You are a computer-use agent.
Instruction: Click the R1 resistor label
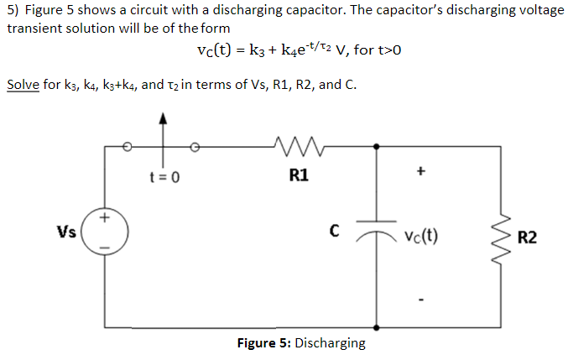[298, 176]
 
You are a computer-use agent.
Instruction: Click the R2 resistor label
[528, 237]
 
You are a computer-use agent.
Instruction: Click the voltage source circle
[105, 233]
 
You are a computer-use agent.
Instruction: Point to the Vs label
[66, 232]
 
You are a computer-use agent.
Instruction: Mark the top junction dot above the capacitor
[376, 148]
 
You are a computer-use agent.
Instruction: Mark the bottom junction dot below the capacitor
[376, 326]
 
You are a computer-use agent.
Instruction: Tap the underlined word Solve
[22, 85]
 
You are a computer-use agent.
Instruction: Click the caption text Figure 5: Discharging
[301, 342]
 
